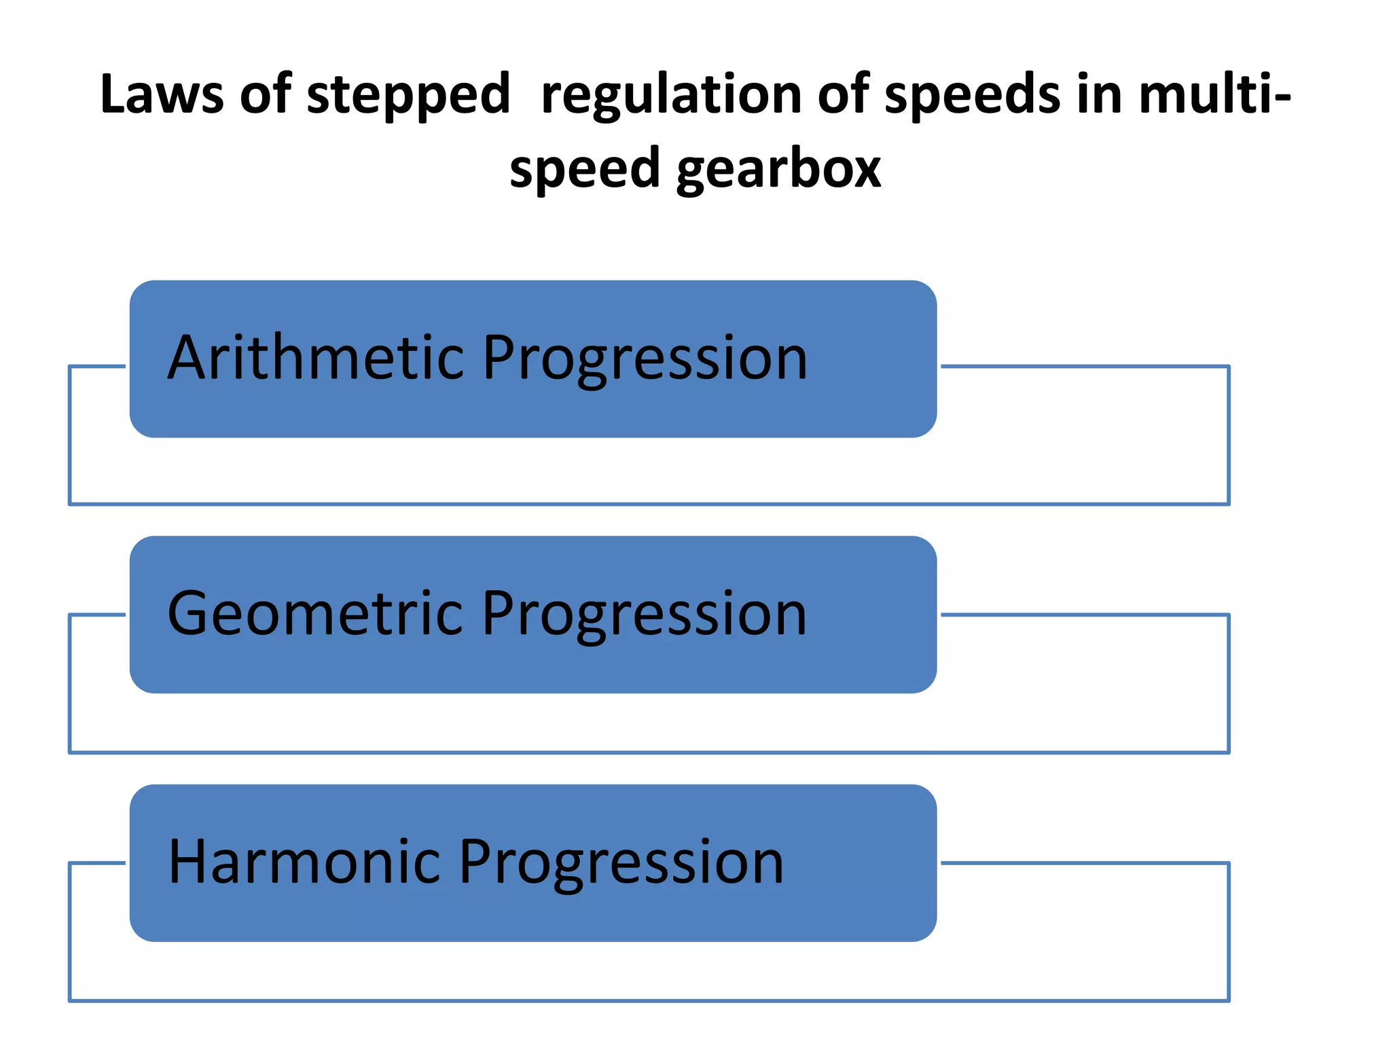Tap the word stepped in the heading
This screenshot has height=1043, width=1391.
click(x=408, y=95)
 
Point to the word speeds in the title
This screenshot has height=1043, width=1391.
click(x=972, y=95)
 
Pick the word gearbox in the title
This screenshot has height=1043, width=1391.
click(x=778, y=170)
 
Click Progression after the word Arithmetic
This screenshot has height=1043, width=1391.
click(x=645, y=360)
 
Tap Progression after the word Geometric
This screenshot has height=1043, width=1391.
click(x=645, y=615)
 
